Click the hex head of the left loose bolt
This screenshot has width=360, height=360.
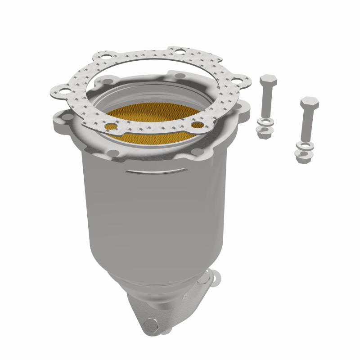point(268,81)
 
